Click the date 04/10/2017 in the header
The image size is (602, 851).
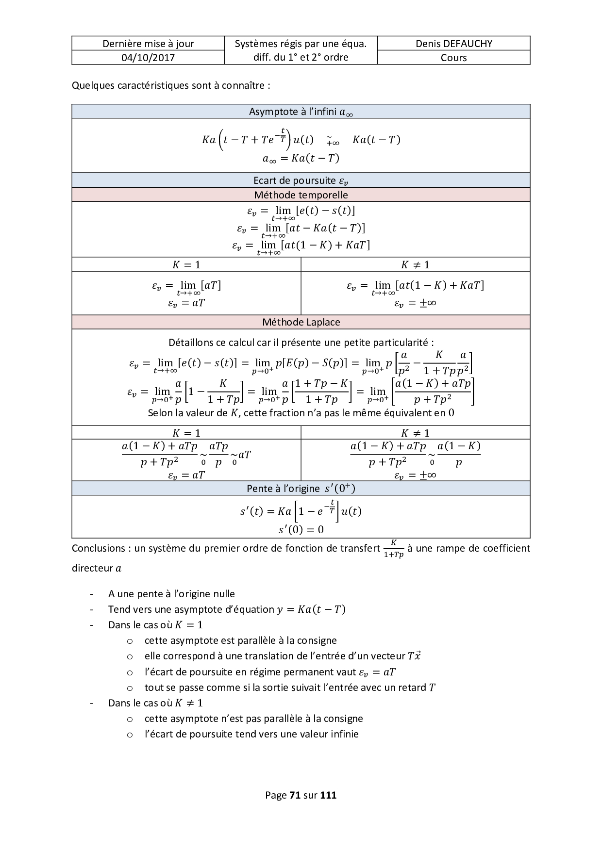tap(148, 58)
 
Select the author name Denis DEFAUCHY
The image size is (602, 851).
tap(453, 44)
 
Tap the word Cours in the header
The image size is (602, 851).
tap(453, 58)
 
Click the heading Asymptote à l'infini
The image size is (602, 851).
tap(301, 112)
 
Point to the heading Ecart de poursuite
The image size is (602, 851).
tap(301, 180)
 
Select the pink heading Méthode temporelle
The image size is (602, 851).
tap(301, 195)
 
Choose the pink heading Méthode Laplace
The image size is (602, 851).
tap(301, 322)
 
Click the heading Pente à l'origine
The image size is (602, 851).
tap(301, 489)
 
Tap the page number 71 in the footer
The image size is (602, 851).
tap(295, 795)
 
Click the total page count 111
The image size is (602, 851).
tap(329, 795)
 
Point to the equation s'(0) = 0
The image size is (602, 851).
tap(301, 529)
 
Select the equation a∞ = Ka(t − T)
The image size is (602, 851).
tap(301, 158)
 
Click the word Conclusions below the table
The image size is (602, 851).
tap(99, 548)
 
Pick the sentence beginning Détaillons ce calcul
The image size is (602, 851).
tap(301, 343)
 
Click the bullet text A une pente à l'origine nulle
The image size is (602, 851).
tap(171, 594)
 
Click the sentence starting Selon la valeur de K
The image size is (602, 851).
tap(301, 413)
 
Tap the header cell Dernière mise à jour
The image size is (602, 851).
tap(148, 44)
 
